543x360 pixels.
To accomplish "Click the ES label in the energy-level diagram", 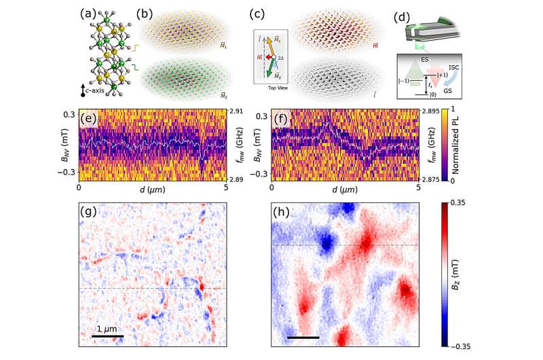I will click(x=426, y=59).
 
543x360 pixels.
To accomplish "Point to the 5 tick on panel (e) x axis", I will click(x=225, y=187).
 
